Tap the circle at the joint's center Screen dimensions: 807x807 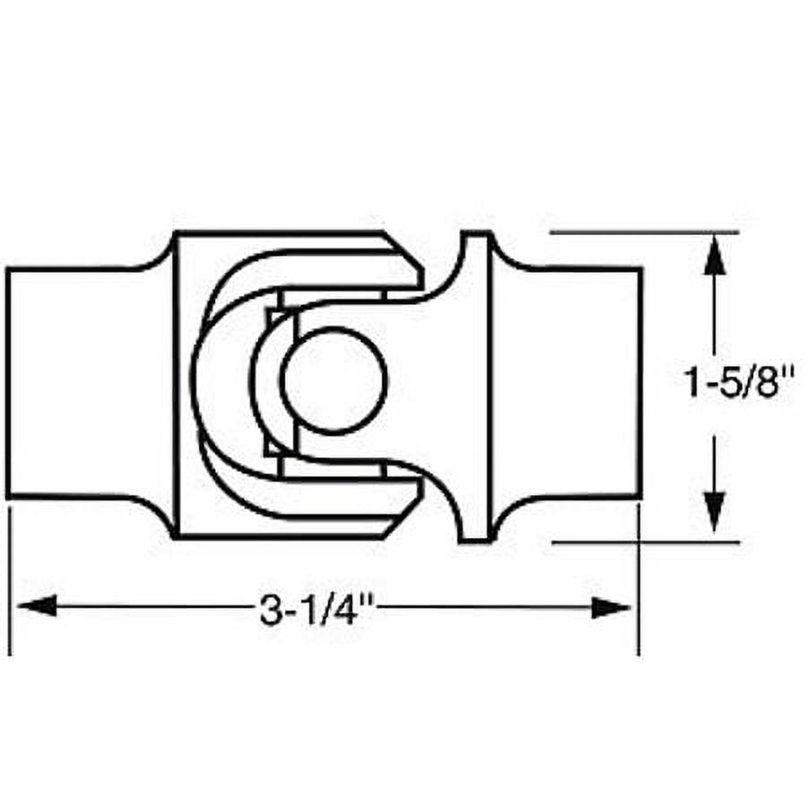point(334,382)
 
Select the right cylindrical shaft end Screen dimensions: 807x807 point(583,383)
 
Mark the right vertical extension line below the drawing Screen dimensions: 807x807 point(638,592)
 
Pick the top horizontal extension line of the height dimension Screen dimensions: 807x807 point(646,232)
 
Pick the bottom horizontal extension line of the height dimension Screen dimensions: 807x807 point(646,542)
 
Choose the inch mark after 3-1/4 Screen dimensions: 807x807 point(365,606)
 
